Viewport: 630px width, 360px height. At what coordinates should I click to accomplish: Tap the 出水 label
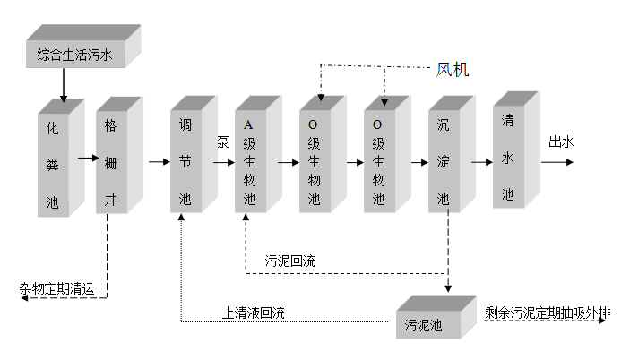561,141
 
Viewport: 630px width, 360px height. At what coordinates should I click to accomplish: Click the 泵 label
223,141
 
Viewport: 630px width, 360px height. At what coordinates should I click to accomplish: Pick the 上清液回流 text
254,313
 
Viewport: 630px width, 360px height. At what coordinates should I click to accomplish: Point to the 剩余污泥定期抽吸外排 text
548,313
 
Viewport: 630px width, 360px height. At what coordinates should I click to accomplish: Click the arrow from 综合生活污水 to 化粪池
63,85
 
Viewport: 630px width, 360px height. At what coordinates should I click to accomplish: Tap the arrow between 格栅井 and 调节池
159,163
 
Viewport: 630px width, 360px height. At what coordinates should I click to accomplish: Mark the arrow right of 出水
558,163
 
